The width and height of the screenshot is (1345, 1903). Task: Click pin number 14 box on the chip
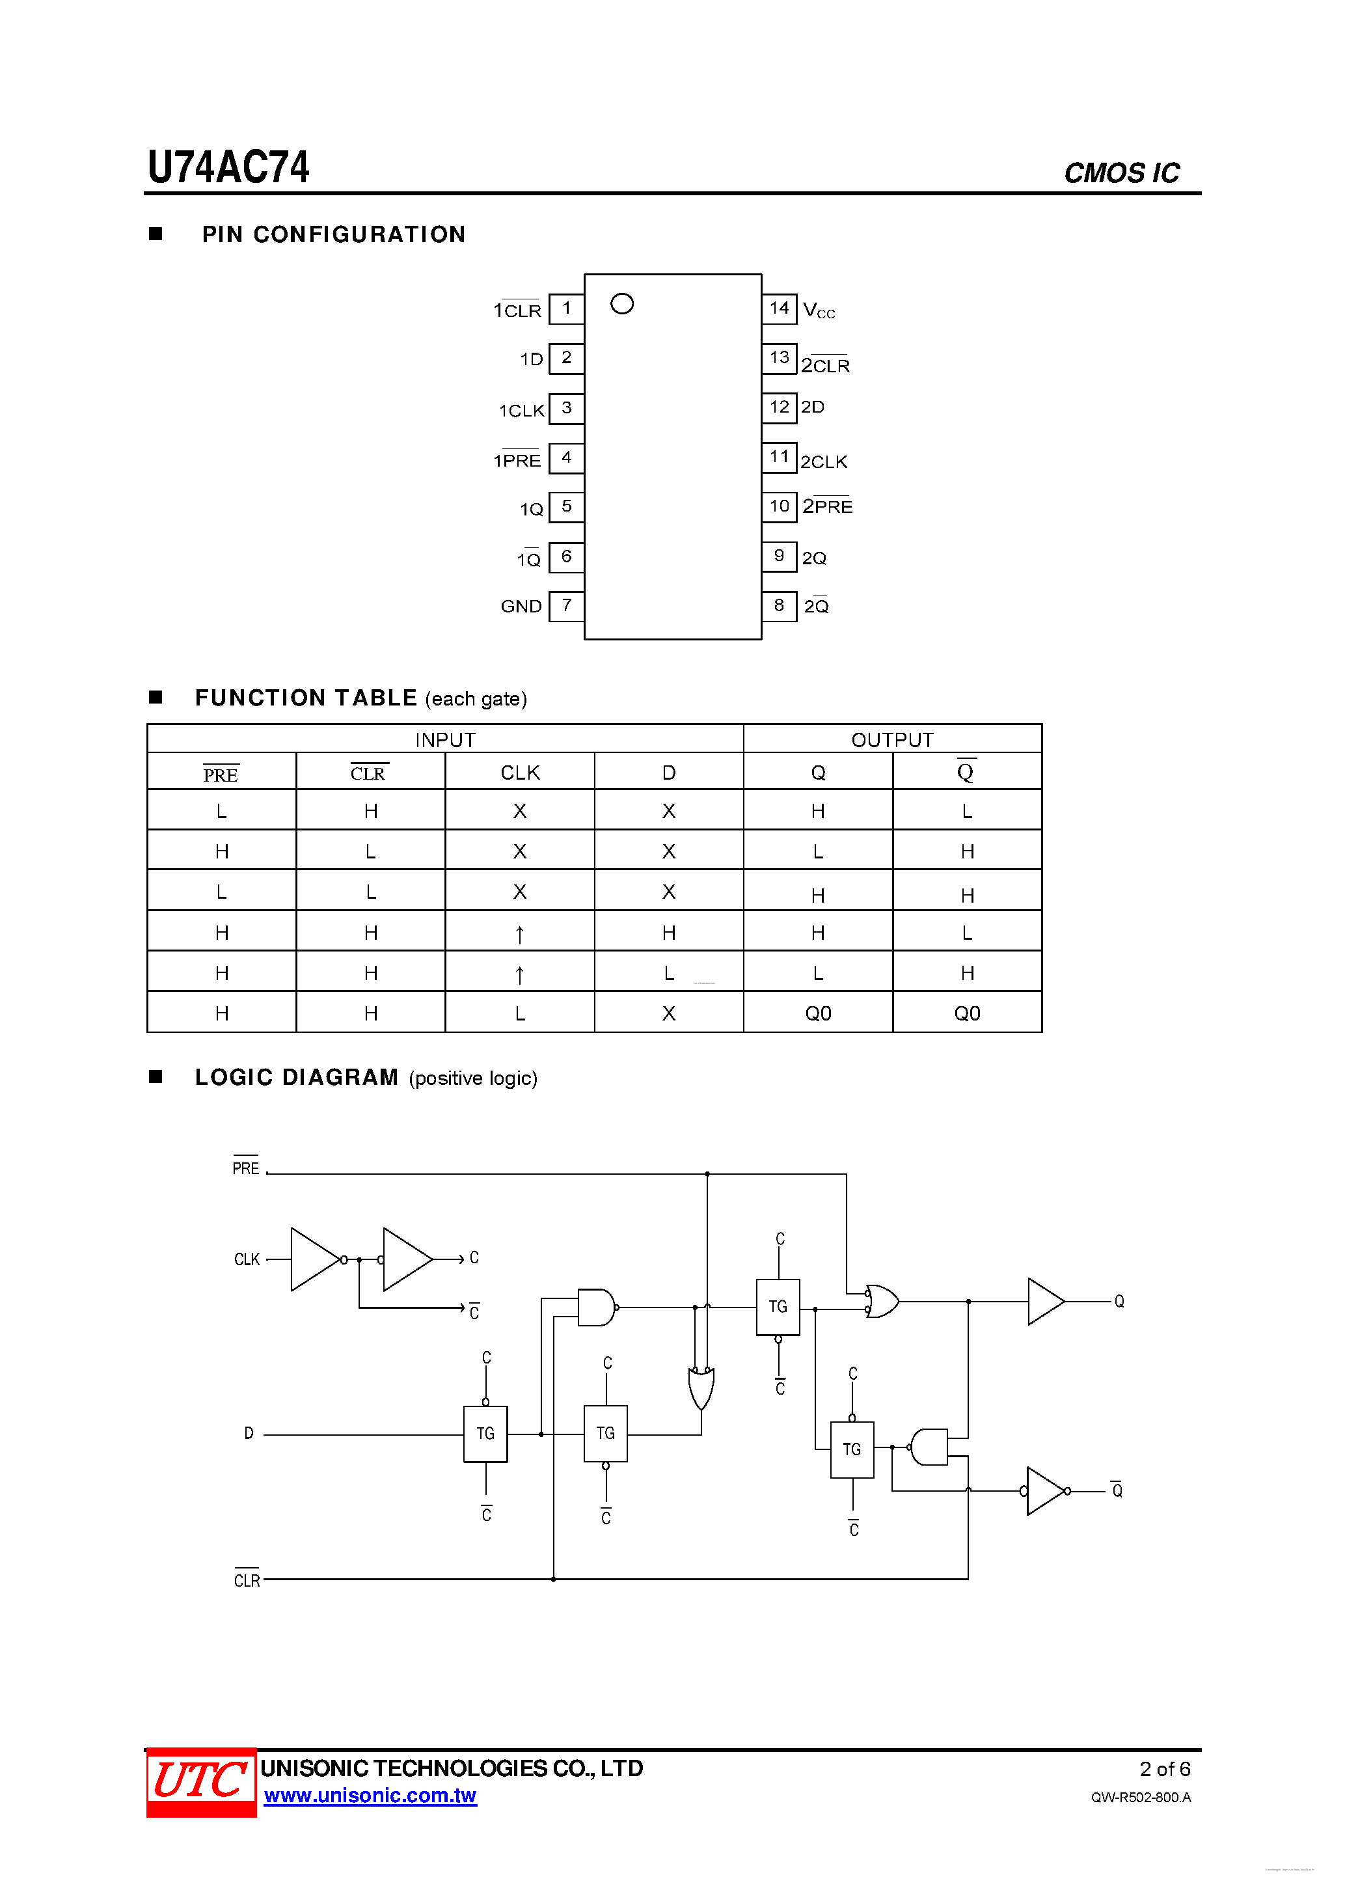(778, 308)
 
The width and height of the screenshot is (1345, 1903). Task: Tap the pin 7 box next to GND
(566, 605)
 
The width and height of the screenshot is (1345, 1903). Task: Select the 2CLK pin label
(824, 461)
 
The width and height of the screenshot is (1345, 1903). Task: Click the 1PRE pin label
(517, 461)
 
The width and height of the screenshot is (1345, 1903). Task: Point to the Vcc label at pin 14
(819, 311)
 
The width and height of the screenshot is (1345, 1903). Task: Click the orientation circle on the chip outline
(621, 304)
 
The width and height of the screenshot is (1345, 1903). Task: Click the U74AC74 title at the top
(229, 167)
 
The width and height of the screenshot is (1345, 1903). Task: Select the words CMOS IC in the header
(1121, 172)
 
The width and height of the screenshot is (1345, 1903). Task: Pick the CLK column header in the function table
(520, 773)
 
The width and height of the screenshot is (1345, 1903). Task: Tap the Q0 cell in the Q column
(818, 1013)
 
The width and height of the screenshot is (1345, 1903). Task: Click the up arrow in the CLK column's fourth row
(520, 934)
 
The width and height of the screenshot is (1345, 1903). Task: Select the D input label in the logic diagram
(249, 1433)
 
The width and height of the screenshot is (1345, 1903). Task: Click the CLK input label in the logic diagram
(247, 1259)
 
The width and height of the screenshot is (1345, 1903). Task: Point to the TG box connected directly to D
(485, 1433)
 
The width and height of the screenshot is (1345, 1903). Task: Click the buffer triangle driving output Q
(1044, 1301)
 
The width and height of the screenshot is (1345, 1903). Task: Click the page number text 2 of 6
(1164, 1769)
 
